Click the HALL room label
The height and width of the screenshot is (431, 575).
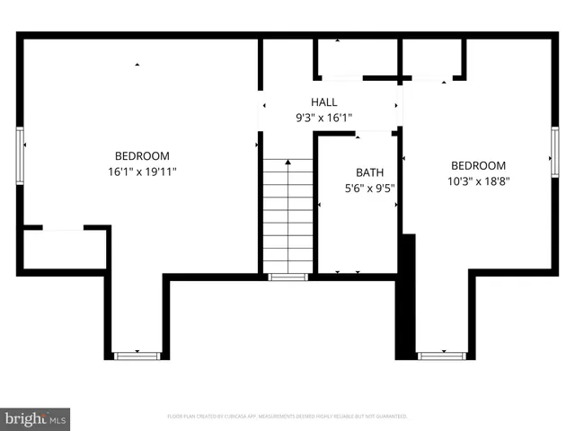(x=324, y=102)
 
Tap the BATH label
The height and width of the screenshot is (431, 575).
(x=368, y=172)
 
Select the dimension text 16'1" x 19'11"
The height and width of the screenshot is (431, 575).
(x=141, y=172)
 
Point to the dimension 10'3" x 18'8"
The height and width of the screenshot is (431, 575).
(x=478, y=180)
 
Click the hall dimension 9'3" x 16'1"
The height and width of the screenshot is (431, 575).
(x=324, y=118)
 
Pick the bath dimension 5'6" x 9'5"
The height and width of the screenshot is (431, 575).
(x=368, y=188)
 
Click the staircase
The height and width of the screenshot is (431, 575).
(x=287, y=215)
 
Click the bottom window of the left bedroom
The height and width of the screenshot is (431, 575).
(x=137, y=356)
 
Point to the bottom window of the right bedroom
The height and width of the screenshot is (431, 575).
(x=442, y=356)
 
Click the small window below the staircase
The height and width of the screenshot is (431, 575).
(x=287, y=277)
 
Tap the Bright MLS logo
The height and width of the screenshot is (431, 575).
(x=36, y=418)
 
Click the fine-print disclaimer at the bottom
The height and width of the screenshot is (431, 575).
(x=287, y=417)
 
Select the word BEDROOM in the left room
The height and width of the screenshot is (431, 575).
(x=141, y=156)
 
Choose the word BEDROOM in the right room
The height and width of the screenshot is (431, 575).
(x=478, y=165)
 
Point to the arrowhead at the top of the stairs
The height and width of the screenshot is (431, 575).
(x=287, y=163)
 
